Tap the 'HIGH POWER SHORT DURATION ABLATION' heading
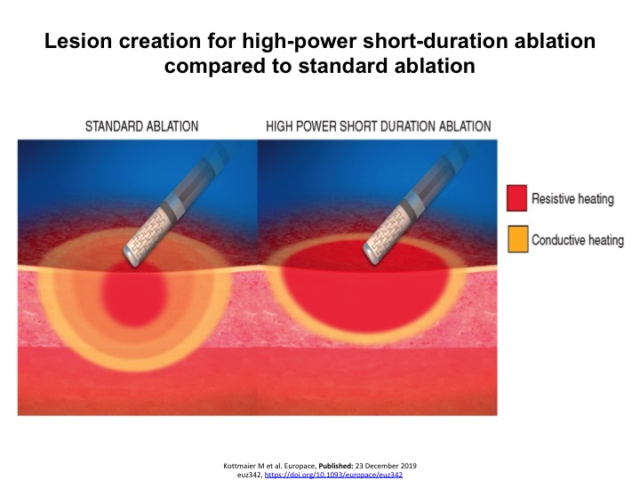click(379, 125)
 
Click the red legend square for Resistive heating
click(516, 198)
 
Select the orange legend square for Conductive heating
click(516, 240)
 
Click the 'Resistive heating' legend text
click(572, 198)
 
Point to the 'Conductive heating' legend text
click(578, 240)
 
